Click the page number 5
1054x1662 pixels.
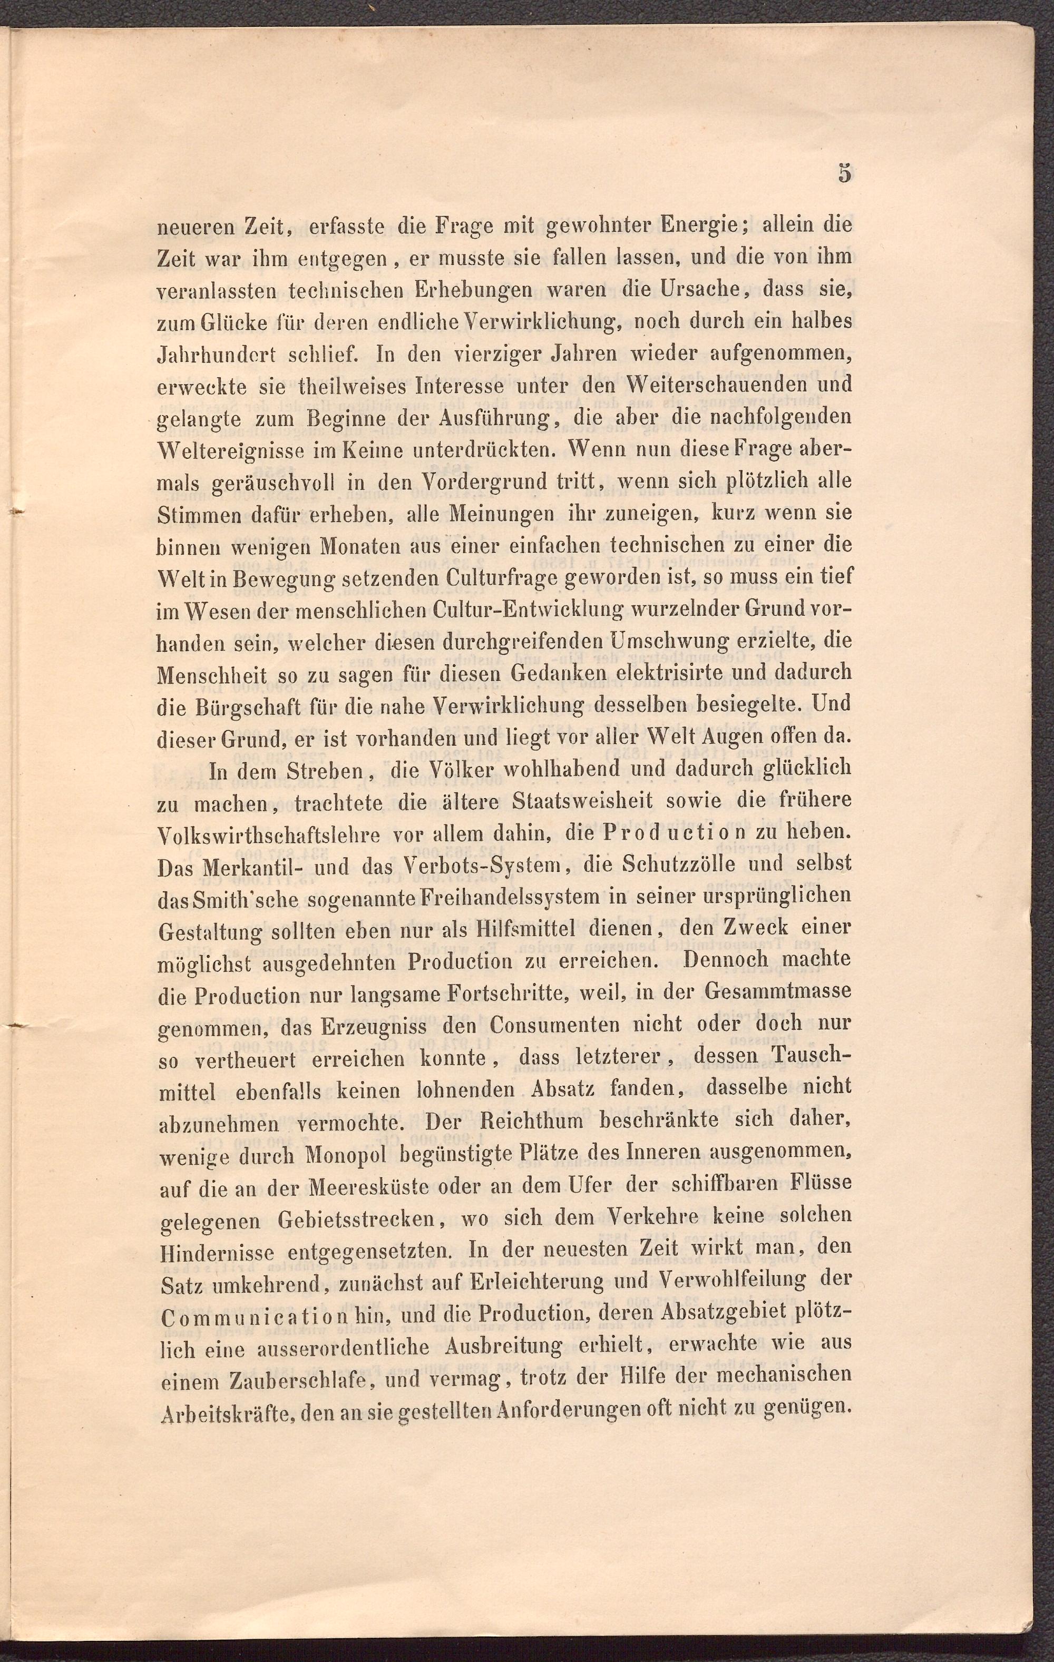click(844, 173)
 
